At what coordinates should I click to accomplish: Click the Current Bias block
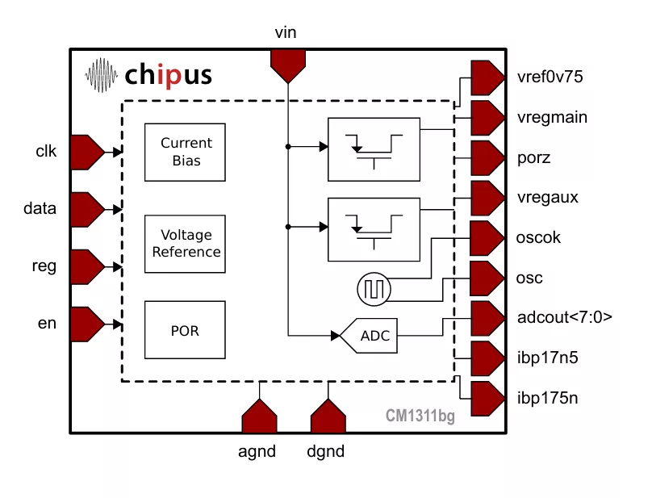pos(186,152)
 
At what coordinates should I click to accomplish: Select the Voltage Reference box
pos(186,244)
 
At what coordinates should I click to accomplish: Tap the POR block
pos(186,330)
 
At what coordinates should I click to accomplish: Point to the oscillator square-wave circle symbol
pos(373,288)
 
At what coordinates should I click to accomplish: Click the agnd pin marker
pos(259,417)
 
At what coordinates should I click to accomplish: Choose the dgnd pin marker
pos(328,417)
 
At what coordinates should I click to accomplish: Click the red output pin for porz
pos(486,157)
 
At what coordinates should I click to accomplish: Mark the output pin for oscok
pos(486,238)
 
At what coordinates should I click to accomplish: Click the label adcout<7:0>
pos(564,318)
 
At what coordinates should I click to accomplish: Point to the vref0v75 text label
pos(550,77)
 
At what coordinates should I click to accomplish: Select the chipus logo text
pos(169,75)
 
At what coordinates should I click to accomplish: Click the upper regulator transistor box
pos(374,149)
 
